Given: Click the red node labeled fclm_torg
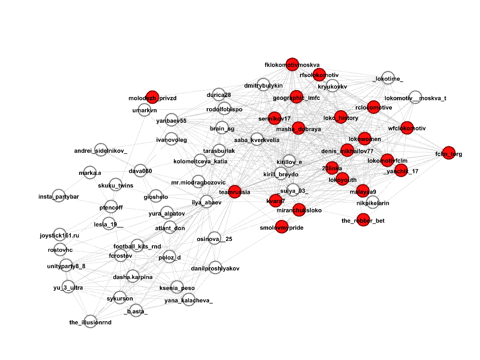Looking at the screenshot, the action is coord(449,153).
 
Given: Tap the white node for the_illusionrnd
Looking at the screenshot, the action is coord(90,321).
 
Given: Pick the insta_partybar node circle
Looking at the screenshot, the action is coord(59,195).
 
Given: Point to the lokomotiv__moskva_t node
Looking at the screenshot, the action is coord(415,97).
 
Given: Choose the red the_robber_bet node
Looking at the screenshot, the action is coord(363,219).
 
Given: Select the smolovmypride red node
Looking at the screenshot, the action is coord(282,227).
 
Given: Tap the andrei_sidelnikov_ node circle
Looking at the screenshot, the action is coord(101,150).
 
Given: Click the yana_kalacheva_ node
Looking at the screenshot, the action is coord(188,300).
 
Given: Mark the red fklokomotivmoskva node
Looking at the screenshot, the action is coord(292,65).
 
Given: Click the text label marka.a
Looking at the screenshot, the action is coord(90,173).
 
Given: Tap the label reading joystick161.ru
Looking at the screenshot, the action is coord(60,235).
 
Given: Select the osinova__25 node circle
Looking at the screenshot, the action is coord(214,239).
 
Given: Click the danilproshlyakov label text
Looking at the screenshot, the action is coord(215,269).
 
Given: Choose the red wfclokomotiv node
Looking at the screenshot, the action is coord(407,127).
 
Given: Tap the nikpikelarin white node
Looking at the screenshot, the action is coord(373,202).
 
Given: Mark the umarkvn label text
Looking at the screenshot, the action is coord(144,111).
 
